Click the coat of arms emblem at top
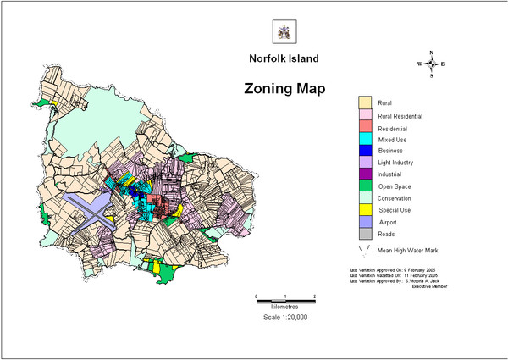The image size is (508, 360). (x=283, y=32)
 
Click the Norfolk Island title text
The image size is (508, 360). (x=283, y=61)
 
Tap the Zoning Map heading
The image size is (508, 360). (x=284, y=88)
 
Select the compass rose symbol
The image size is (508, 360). (x=431, y=64)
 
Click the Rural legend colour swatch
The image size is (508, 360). (x=365, y=103)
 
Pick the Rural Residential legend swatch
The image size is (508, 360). (x=365, y=115)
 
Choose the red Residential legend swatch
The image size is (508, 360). (x=365, y=127)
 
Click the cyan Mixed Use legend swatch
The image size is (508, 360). (x=365, y=139)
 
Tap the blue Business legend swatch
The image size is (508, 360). (x=365, y=151)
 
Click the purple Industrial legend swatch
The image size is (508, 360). (x=365, y=174)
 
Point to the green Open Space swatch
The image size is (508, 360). (x=365, y=186)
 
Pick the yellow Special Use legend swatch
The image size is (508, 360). (x=365, y=209)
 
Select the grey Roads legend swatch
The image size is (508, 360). (x=365, y=233)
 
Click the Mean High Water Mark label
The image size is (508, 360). (x=412, y=251)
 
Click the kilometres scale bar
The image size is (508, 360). (x=285, y=301)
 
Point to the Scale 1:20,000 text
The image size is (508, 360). (x=284, y=317)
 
